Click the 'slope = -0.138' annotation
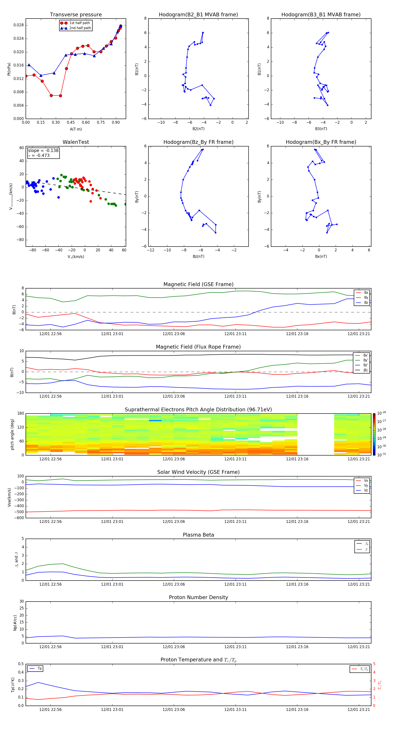43,151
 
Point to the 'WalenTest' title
76,142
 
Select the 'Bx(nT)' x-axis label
321,256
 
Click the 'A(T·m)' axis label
76,129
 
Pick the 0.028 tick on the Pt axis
19,25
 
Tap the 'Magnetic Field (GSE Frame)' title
198,284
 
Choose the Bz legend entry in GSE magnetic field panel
366,302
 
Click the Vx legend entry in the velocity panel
366,480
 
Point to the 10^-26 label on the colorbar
381,413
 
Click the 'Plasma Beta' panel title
198,535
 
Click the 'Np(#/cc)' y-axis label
15,623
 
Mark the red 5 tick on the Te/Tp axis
374,664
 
